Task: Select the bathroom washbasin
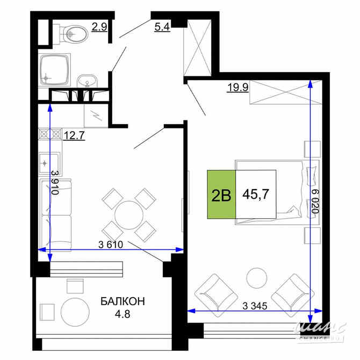86,81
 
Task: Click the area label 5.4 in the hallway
162,26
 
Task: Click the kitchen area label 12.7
75,135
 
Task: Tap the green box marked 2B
221,195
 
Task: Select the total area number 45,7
256,194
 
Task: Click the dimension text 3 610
111,245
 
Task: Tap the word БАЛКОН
123,301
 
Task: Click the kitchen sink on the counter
52,161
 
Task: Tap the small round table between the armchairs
256,278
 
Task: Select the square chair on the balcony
48,311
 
